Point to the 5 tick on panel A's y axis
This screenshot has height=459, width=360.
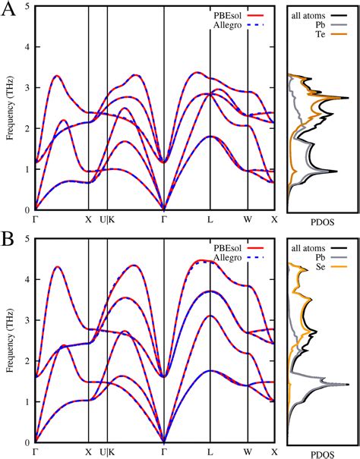pos(28,7)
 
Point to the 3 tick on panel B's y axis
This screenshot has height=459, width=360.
pos(28,321)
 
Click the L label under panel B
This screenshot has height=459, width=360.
pos(210,453)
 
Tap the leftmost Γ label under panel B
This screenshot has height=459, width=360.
pos(35,453)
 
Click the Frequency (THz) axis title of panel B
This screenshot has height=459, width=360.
pos(11,341)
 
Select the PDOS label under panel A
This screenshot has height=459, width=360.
pos(317,225)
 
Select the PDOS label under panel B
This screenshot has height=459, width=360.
pos(317,454)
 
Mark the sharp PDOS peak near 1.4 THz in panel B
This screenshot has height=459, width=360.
pos(346,385)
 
